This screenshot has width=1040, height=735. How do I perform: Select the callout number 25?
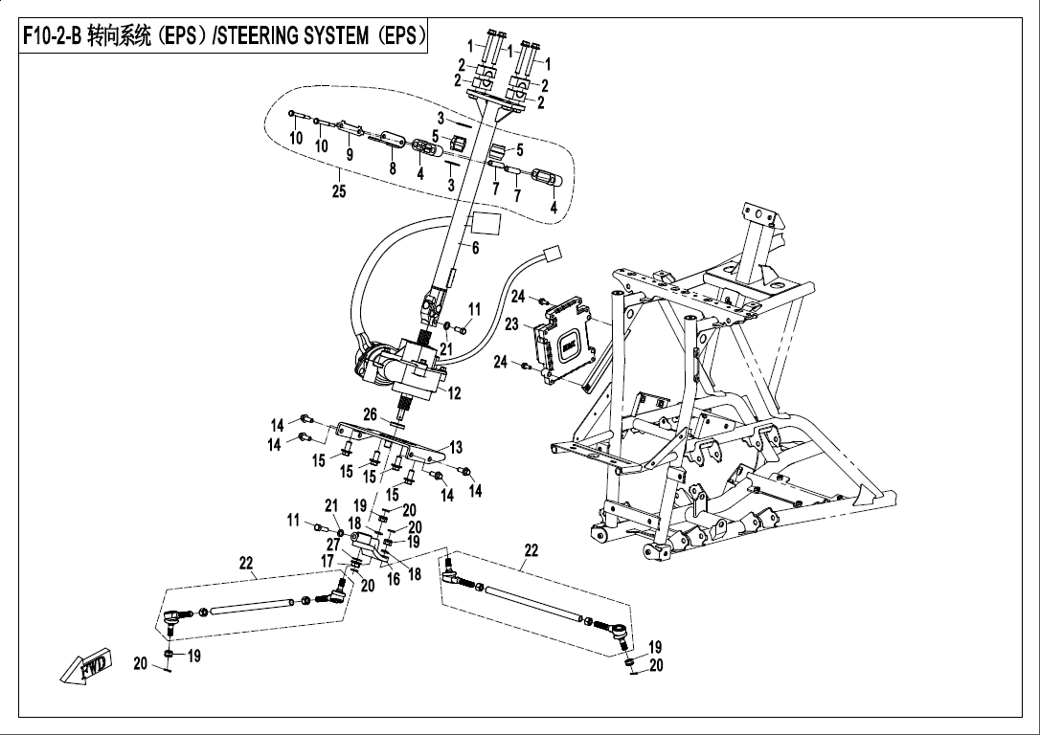coord(338,191)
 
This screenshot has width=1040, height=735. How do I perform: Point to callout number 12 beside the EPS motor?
coord(454,392)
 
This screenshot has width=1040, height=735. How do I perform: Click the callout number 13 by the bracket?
coord(456,447)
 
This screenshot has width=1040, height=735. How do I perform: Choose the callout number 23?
coord(512,324)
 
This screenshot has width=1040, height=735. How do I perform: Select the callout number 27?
coord(334,544)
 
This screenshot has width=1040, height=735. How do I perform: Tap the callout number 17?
coord(328,561)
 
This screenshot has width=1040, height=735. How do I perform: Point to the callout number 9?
coord(350,154)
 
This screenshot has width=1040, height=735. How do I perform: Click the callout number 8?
coord(391,167)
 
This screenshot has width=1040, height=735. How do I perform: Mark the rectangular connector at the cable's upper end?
coord(551,255)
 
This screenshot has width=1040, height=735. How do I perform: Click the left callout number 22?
coord(246,564)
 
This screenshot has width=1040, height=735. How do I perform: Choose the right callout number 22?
coord(531,550)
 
